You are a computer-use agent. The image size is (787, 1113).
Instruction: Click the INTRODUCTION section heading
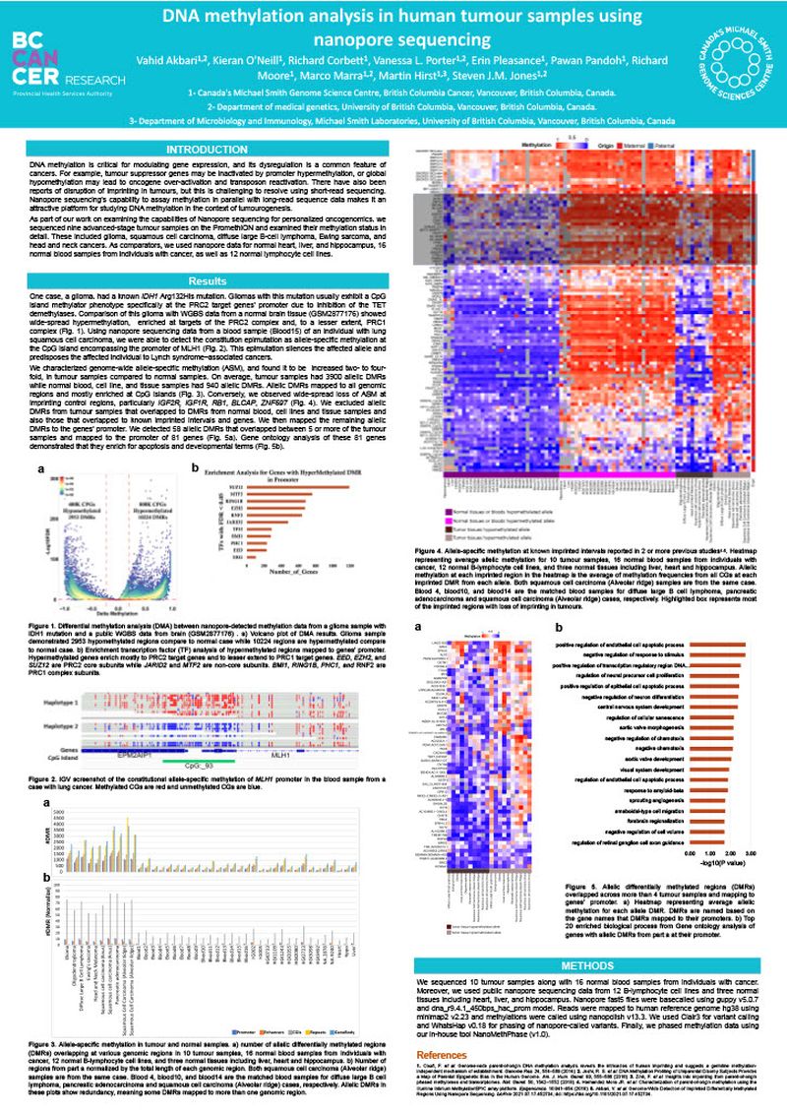[208, 148]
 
